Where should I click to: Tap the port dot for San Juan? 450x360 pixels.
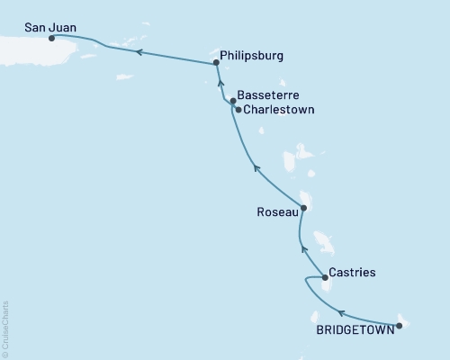click(x=50, y=39)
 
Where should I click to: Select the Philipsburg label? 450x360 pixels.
click(x=252, y=56)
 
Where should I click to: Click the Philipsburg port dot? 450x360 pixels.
click(x=216, y=63)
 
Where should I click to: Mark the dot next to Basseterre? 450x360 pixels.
click(x=233, y=101)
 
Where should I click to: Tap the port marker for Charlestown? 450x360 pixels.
click(x=238, y=110)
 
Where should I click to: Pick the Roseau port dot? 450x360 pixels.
click(x=303, y=208)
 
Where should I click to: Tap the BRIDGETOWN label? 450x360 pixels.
click(x=354, y=330)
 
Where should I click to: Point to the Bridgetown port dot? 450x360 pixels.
click(x=399, y=325)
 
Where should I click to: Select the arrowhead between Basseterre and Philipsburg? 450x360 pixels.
click(x=220, y=83)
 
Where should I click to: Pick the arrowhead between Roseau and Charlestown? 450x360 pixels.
click(x=256, y=166)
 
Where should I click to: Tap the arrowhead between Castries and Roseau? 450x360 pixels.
click(x=304, y=248)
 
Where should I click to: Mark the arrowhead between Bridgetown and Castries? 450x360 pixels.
click(x=341, y=312)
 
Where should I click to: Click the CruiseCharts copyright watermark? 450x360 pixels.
click(x=5, y=329)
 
